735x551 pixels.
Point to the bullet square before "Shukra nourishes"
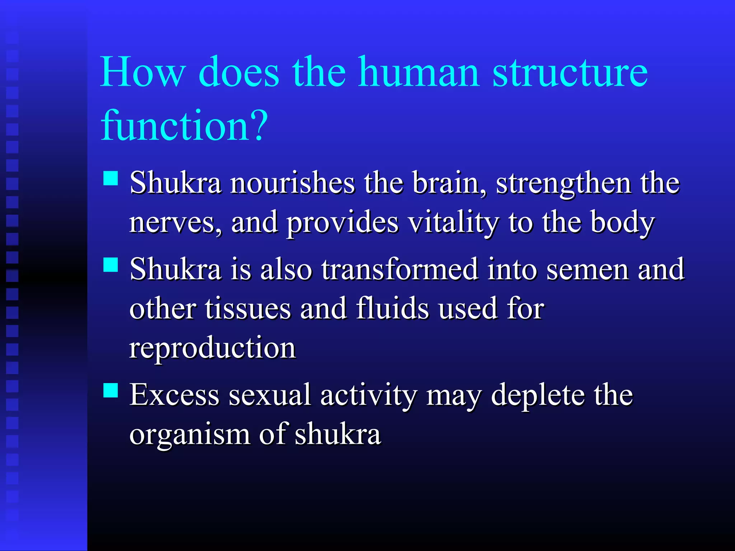click(x=111, y=178)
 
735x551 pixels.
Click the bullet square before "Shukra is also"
click(x=111, y=265)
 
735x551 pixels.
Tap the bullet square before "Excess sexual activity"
click(x=111, y=390)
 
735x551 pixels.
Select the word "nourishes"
click(x=292, y=183)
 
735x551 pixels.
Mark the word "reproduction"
click(x=212, y=348)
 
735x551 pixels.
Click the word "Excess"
click(x=174, y=395)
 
